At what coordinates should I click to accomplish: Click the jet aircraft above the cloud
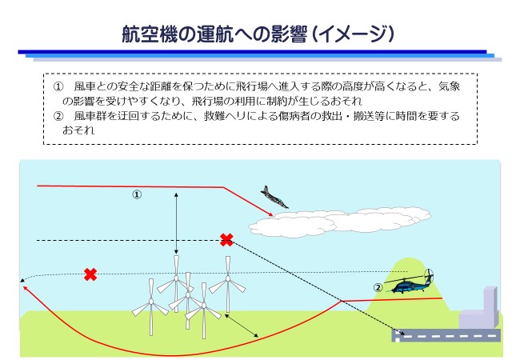[x=274, y=198]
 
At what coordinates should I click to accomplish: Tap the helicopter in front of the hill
[x=409, y=282]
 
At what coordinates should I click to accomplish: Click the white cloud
[x=339, y=222]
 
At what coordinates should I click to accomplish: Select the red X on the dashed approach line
[x=226, y=240]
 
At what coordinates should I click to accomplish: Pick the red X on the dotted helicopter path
[x=90, y=274]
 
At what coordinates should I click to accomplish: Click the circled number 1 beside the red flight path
[x=137, y=194]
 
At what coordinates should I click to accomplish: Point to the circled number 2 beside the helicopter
[x=378, y=288]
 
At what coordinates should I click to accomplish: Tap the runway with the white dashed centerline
[x=446, y=335]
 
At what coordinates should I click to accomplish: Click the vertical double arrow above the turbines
[x=176, y=224]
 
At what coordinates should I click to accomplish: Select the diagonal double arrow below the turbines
[x=242, y=326]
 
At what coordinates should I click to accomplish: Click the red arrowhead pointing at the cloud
[x=270, y=214]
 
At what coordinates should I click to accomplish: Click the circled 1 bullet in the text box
[x=58, y=87]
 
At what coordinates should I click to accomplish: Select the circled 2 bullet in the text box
[x=58, y=116]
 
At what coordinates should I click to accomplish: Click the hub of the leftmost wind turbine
[x=151, y=302]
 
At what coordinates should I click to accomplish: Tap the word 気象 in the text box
[x=449, y=86]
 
